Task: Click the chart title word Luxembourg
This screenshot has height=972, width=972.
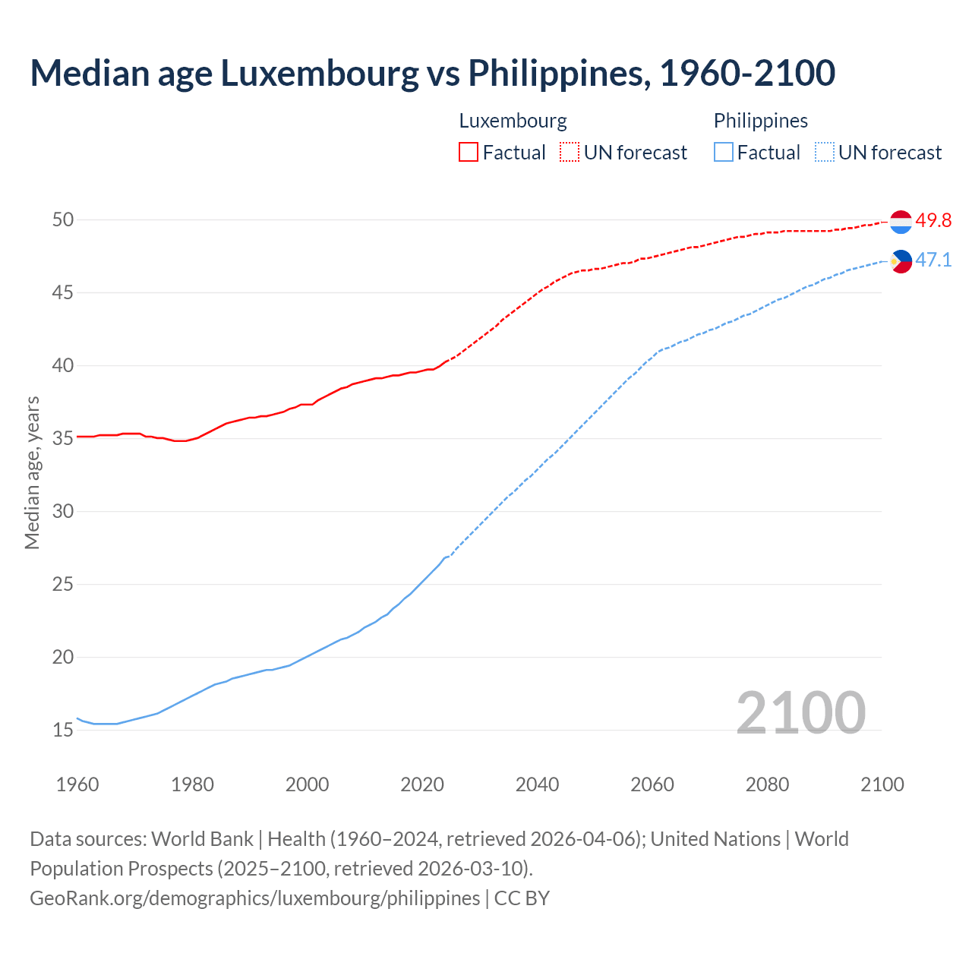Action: coord(319,74)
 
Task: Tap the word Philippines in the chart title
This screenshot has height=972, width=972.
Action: coord(558,74)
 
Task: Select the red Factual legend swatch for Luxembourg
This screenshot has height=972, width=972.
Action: coord(469,152)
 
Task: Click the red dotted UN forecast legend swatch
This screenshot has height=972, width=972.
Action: coord(570,152)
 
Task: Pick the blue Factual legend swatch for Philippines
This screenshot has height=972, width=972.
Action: coord(724,152)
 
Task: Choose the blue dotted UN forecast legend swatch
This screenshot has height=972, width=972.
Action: coord(825,152)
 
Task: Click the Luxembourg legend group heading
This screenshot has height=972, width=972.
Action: coord(513,121)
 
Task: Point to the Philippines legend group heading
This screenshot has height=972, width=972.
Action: coord(760,121)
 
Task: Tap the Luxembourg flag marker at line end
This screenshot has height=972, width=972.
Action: coord(901,222)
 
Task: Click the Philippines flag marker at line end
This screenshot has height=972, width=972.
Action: coord(901,261)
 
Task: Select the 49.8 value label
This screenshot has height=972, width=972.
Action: coord(933,221)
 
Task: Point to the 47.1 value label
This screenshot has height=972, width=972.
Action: coord(933,260)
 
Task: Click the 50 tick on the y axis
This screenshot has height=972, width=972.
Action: coord(63,219)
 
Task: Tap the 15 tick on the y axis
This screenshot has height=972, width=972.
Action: coord(63,730)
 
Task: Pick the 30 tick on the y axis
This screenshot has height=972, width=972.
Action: coord(63,511)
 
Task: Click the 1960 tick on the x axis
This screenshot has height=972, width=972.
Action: coord(77,784)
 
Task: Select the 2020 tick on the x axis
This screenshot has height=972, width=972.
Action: coord(422,784)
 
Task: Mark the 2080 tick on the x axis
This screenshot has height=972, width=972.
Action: coord(767,784)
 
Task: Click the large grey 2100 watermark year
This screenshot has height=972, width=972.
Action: coord(800,712)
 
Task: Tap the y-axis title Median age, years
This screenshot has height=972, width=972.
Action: coord(32,472)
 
